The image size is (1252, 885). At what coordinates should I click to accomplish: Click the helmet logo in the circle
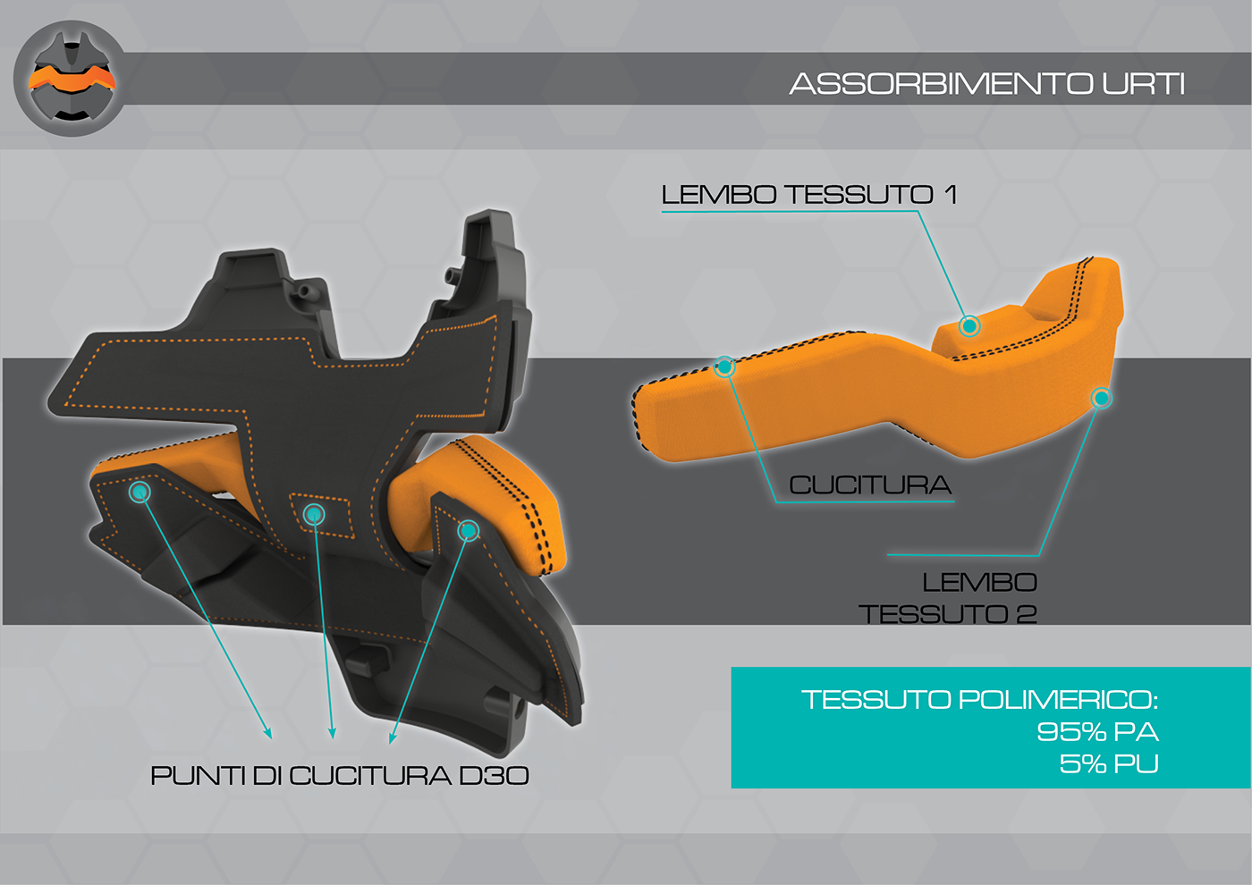point(72,79)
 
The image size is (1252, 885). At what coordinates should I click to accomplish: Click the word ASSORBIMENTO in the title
point(941,84)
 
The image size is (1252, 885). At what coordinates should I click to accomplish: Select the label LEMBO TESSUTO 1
point(809,194)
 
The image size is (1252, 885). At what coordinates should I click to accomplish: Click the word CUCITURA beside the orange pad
point(870,485)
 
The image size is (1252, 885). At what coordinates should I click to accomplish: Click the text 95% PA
point(1097,731)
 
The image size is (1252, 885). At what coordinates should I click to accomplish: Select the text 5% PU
point(1109,763)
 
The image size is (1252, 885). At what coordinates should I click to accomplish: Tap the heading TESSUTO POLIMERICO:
point(979,699)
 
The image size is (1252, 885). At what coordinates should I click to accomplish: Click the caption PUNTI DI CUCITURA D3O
point(340,775)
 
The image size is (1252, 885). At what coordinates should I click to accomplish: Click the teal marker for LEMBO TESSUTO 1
point(969,325)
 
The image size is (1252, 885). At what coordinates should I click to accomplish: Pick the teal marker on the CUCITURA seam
point(725,367)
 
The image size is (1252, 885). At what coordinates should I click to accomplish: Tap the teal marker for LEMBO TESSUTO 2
point(1102,398)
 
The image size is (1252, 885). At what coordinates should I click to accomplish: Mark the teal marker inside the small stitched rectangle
point(313,514)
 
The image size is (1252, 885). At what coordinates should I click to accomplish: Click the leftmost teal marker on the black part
point(140,491)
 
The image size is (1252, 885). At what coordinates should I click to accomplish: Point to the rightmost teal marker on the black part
point(468,531)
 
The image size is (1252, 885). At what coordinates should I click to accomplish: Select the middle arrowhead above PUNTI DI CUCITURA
point(332,734)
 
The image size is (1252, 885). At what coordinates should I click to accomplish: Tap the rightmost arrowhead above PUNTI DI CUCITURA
point(392,738)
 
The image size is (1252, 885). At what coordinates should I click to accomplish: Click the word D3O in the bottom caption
point(494,775)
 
